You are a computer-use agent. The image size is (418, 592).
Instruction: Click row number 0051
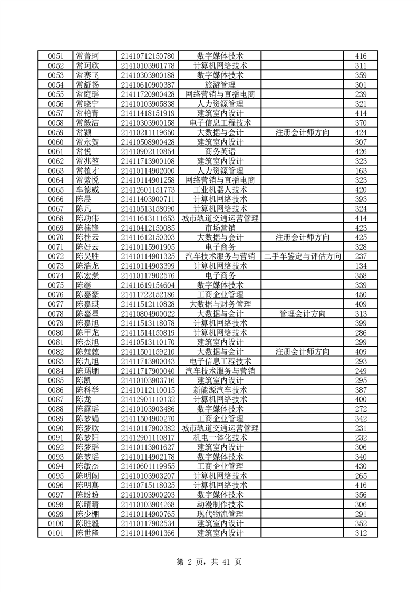click(55, 56)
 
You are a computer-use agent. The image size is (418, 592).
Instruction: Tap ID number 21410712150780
click(148, 56)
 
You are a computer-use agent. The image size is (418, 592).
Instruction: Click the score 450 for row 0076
click(361, 294)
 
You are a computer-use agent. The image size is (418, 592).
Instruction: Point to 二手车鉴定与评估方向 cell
click(303, 256)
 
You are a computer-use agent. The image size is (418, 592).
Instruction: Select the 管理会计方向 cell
click(303, 313)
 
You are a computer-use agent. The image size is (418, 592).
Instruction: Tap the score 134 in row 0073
click(361, 265)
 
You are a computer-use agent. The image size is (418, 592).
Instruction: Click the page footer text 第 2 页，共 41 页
click(209, 561)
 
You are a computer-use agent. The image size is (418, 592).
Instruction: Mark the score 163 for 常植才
click(361, 170)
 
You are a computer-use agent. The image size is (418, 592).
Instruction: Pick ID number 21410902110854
click(148, 151)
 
